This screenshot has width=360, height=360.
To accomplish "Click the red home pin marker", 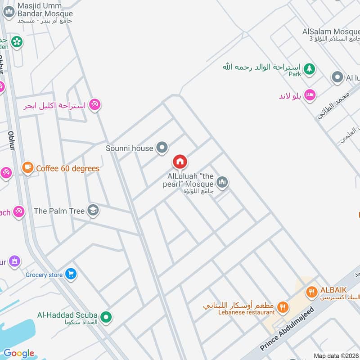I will click(180, 162).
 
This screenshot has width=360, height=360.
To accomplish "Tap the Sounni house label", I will click(130, 148).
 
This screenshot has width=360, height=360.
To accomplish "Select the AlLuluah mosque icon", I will click(222, 182).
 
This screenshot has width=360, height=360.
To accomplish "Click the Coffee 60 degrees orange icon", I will click(28, 168).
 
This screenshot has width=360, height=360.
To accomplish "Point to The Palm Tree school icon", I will click(93, 211).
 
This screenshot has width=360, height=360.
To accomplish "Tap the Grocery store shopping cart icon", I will click(71, 274).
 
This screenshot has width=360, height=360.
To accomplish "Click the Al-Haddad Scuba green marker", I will click(106, 318).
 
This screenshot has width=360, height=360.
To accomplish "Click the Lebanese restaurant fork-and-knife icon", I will click(283, 308).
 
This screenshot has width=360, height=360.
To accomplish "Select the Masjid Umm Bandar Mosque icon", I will click(9, 12).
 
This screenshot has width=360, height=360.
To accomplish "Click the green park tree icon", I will click(309, 69).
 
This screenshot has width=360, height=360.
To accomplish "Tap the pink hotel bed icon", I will click(310, 95).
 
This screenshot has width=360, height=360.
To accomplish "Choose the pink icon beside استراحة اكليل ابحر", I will click(94, 105).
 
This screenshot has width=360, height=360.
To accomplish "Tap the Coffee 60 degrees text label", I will click(67, 169).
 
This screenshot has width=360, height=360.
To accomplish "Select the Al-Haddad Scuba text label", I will click(67, 315).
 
